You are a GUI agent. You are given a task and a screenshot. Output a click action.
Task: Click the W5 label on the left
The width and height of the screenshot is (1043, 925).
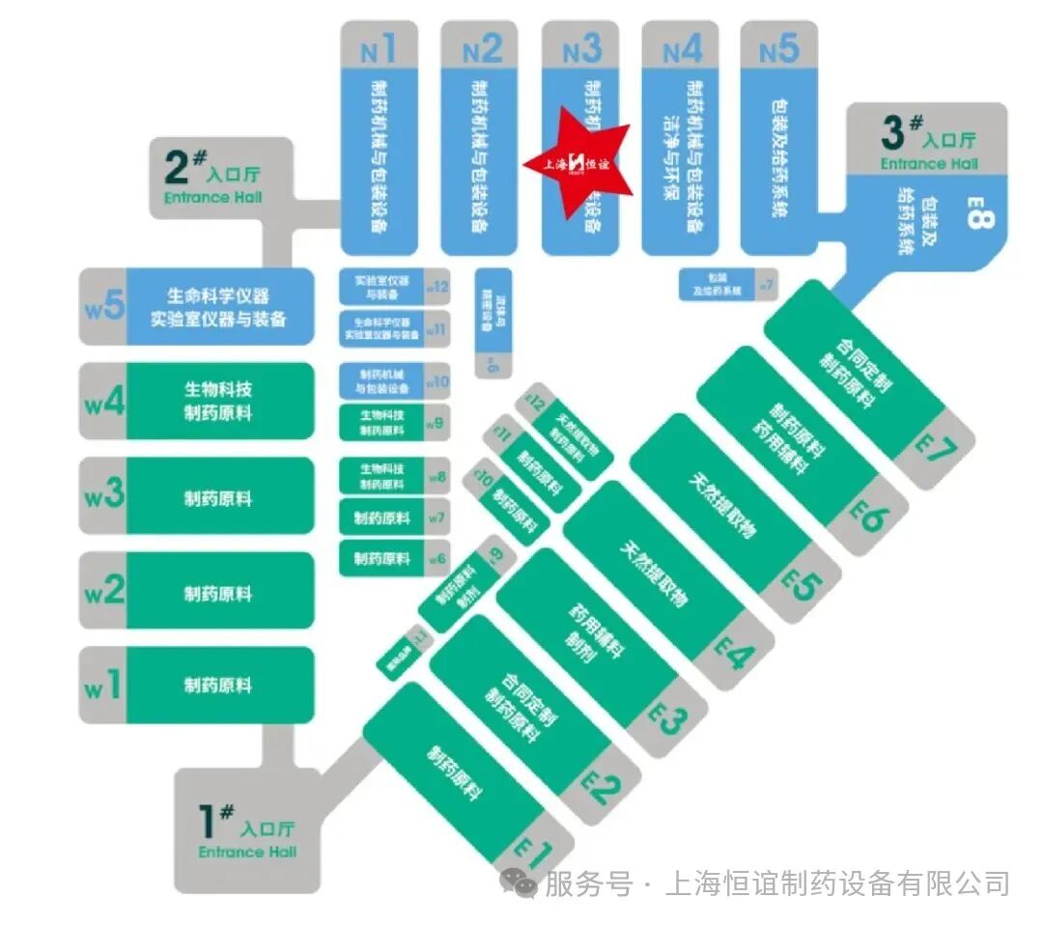pos(103,307)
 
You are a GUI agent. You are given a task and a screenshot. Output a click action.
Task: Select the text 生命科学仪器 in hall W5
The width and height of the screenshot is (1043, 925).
pos(218,296)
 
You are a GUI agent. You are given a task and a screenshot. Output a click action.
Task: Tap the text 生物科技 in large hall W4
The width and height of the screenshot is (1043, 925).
pos(218,390)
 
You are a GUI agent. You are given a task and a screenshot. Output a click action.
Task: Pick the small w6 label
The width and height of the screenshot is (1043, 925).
pos(437,559)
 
